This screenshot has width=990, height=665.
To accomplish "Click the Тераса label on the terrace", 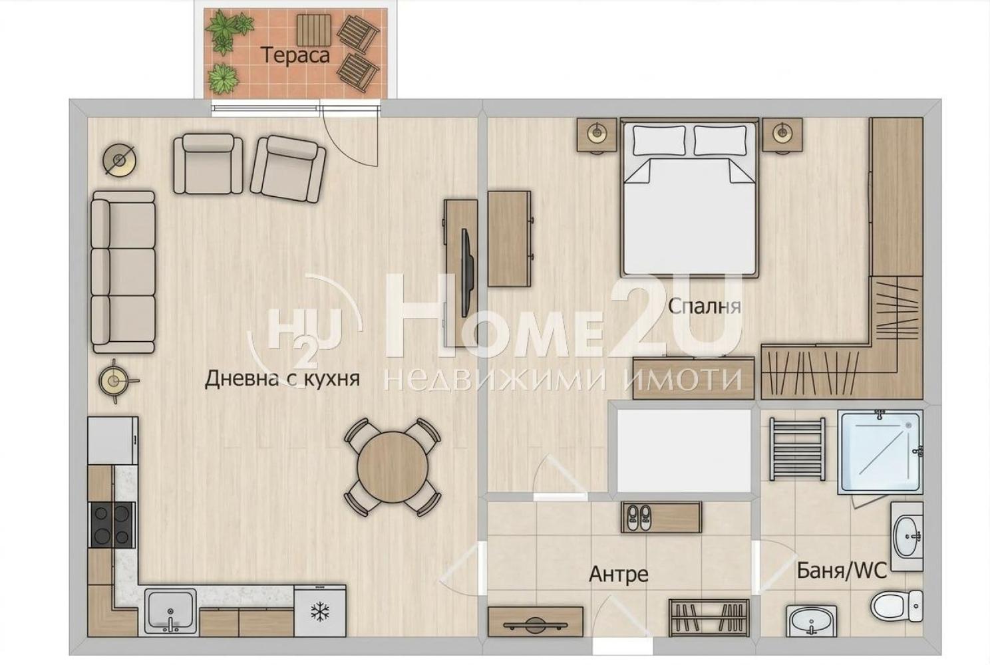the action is pyautogui.click(x=295, y=55).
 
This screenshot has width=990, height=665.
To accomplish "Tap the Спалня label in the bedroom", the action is pyautogui.click(x=705, y=306).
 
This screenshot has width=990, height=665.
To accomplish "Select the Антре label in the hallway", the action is pyautogui.click(x=619, y=574).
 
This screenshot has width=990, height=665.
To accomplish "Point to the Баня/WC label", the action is pyautogui.click(x=842, y=571).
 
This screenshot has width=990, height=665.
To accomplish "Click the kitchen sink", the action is pyautogui.click(x=170, y=611).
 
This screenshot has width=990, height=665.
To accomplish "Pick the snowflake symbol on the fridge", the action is pyautogui.click(x=319, y=612).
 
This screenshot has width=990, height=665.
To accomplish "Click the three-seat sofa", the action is pyautogui.click(x=123, y=272).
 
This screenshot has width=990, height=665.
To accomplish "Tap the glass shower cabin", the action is pyautogui.click(x=880, y=452).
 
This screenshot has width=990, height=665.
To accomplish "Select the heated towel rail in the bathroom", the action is pyautogui.click(x=797, y=448).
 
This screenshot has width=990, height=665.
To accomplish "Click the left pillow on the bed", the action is pyautogui.click(x=659, y=140).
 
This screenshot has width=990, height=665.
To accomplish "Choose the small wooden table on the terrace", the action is pyautogui.click(x=314, y=30).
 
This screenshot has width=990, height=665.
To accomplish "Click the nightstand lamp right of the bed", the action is pyautogui.click(x=782, y=131).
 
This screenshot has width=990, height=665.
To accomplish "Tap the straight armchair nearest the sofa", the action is pyautogui.click(x=208, y=164).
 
